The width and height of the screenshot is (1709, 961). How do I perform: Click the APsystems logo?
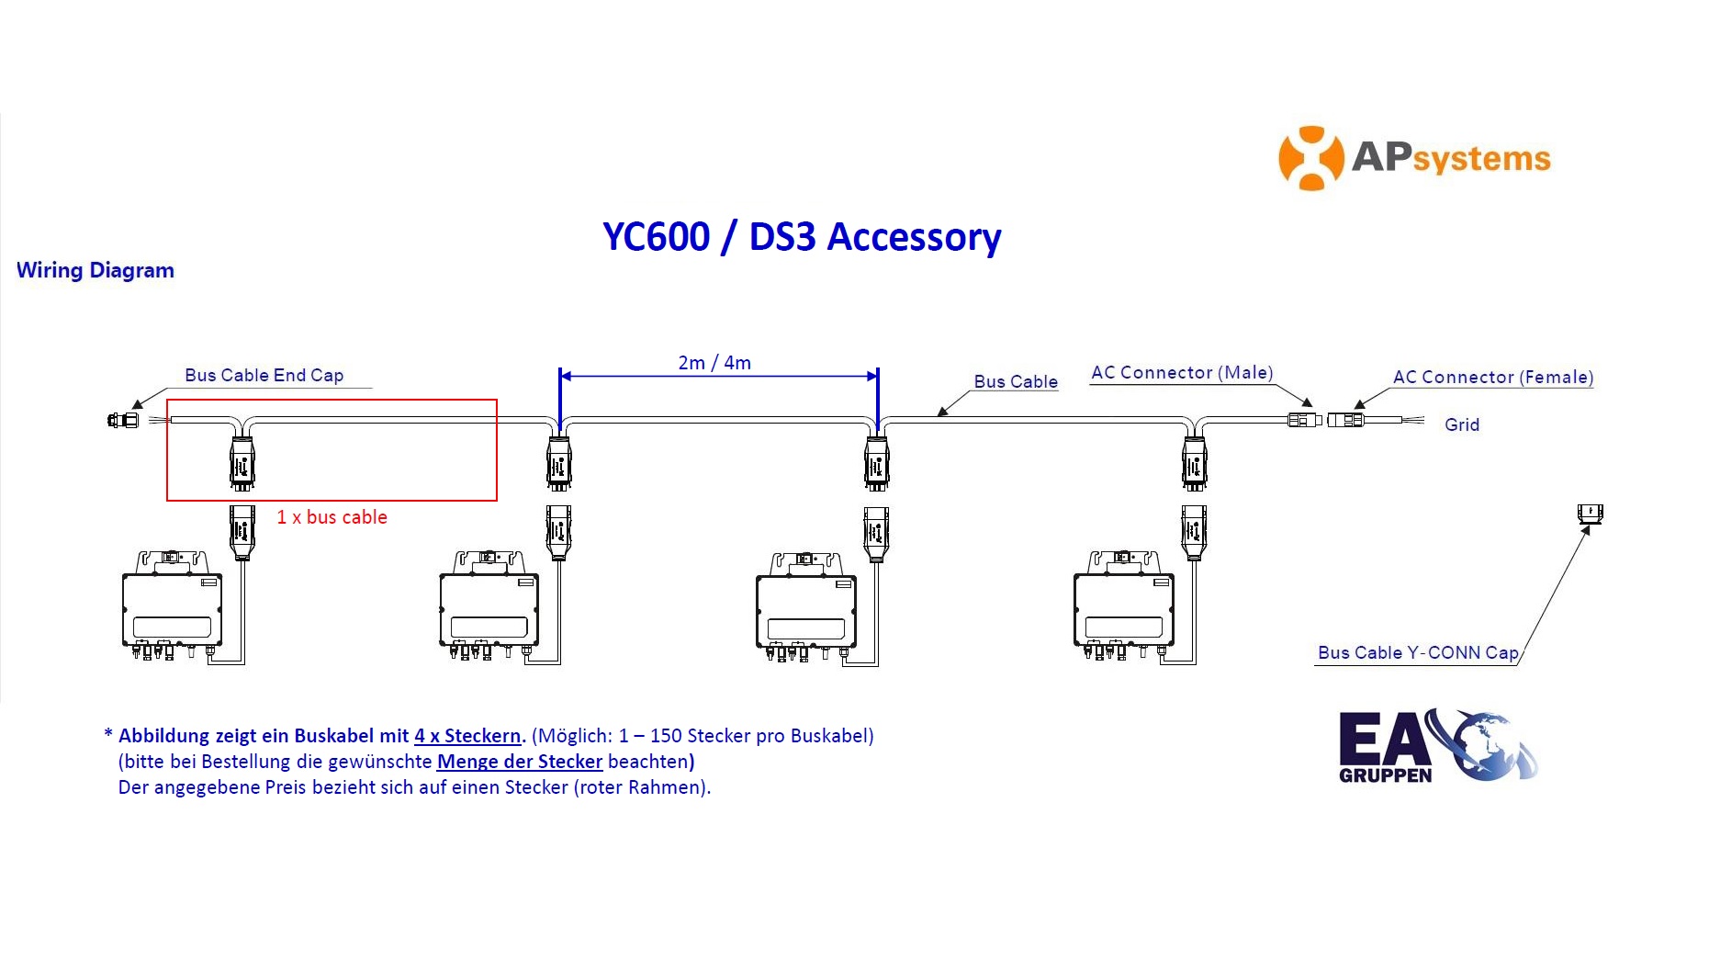click(x=1414, y=158)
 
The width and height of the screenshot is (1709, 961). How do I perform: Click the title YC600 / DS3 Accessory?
click(x=802, y=237)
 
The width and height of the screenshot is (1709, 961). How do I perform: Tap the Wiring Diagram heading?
click(x=96, y=270)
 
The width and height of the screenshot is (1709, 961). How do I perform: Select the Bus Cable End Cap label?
click(x=264, y=375)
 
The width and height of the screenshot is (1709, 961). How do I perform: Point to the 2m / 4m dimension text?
click(x=714, y=363)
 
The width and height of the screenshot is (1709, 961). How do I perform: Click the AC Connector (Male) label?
click(x=1182, y=372)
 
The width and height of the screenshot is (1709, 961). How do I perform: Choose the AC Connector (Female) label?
click(x=1493, y=377)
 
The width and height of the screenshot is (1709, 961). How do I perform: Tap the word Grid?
click(x=1462, y=424)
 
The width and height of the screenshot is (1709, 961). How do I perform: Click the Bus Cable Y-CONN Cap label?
click(x=1418, y=652)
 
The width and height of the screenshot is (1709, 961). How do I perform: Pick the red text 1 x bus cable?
click(x=332, y=517)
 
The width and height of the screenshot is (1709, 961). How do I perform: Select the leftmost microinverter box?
click(x=173, y=606)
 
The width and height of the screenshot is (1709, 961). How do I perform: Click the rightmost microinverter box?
click(x=1124, y=606)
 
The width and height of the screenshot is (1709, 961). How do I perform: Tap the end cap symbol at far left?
click(x=123, y=421)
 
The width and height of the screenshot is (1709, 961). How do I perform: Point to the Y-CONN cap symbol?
click(x=1590, y=514)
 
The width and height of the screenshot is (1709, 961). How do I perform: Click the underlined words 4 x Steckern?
click(x=467, y=736)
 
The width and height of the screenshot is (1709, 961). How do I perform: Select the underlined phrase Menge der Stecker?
click(x=520, y=762)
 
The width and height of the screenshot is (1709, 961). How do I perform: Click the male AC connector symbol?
click(x=1304, y=420)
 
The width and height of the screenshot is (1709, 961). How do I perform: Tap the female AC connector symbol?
click(x=1345, y=420)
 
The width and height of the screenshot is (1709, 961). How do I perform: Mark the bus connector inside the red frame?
click(x=242, y=464)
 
